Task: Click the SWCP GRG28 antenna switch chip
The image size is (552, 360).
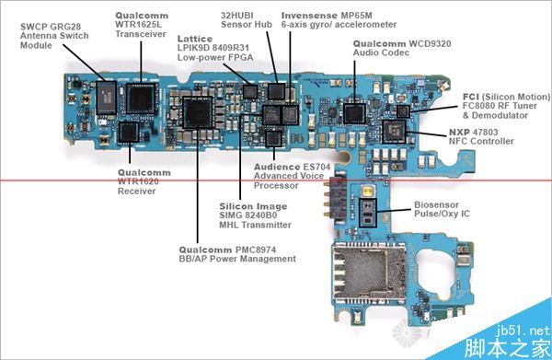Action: [x=107, y=98]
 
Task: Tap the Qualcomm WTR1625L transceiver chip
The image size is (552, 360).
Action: [x=141, y=99]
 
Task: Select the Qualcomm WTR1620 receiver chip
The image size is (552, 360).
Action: [x=129, y=132]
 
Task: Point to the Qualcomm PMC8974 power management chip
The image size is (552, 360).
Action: [x=198, y=112]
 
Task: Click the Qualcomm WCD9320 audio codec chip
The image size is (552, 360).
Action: [x=354, y=113]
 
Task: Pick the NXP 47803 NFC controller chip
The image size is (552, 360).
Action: [x=394, y=132]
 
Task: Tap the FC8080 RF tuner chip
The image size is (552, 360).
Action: [x=403, y=111]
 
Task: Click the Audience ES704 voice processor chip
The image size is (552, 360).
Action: [x=274, y=138]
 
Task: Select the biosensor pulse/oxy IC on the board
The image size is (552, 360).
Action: [x=367, y=213]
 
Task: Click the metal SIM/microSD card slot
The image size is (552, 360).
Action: [x=369, y=273]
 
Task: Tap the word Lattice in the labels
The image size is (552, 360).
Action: [x=195, y=39]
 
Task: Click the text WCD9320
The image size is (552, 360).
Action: [x=430, y=43]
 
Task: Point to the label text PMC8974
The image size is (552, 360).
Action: [x=256, y=250]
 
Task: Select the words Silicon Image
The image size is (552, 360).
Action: [x=253, y=206]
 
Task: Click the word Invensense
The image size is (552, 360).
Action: [x=309, y=16]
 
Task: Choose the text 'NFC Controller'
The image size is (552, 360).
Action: [x=481, y=141]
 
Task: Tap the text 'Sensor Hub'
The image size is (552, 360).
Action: [x=247, y=24]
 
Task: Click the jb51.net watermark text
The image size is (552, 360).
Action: [x=523, y=331]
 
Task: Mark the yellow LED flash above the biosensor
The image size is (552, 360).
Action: [x=368, y=192]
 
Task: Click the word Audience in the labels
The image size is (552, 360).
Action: [x=277, y=167]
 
